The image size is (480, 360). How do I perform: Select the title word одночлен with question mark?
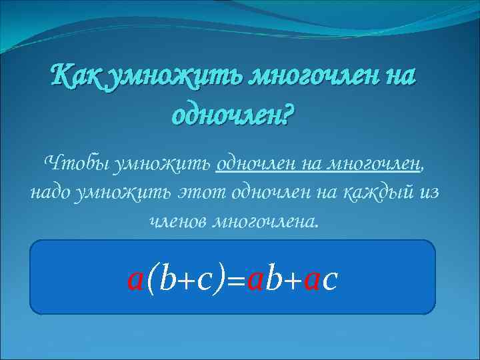233,115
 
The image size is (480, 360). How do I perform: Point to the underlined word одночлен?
257,162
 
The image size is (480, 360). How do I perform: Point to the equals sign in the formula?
235,280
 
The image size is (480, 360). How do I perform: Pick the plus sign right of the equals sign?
291,280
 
